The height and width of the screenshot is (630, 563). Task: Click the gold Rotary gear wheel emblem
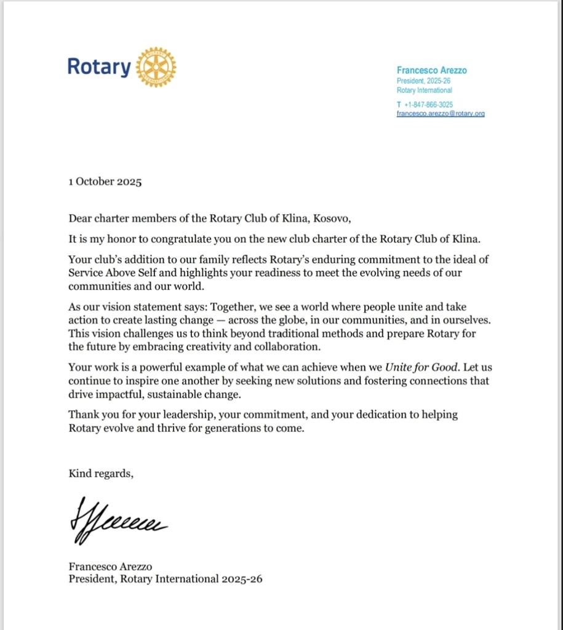[x=156, y=66]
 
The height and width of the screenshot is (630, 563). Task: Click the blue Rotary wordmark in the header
[x=98, y=66]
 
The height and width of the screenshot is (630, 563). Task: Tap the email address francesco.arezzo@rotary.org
[x=441, y=114]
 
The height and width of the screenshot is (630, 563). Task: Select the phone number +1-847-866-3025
[x=428, y=105]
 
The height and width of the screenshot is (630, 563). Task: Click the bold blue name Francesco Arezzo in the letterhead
[x=431, y=70]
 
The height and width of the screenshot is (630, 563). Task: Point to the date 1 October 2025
[x=105, y=181]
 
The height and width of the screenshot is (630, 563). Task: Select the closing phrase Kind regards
[x=100, y=473]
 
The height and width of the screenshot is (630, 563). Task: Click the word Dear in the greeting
[x=81, y=218]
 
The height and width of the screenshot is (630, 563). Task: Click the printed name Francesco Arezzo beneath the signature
[x=110, y=567]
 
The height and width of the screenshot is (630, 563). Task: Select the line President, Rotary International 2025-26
[x=166, y=579]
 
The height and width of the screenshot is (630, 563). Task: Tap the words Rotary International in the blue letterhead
[x=424, y=90]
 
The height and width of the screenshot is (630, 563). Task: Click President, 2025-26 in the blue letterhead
[x=423, y=81]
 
